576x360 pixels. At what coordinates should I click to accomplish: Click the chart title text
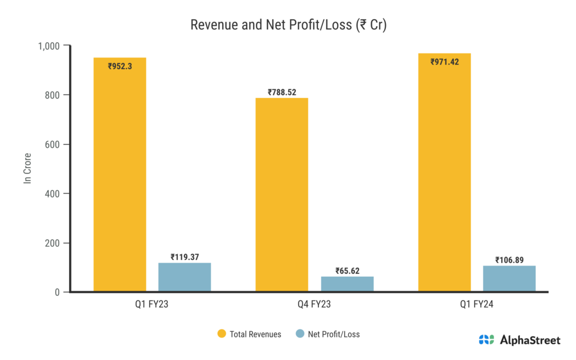[x=288, y=25]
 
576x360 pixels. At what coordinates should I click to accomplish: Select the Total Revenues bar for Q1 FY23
[x=120, y=180]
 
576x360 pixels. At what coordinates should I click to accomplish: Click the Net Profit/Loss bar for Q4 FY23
[x=347, y=284]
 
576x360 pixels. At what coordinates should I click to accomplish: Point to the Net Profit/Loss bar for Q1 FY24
[x=510, y=279]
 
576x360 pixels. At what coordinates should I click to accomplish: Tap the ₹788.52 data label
[x=282, y=92]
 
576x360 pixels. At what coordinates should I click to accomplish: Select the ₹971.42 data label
[x=444, y=62]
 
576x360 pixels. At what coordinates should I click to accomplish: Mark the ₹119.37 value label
[x=184, y=257]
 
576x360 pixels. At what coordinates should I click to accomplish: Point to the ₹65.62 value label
[x=347, y=271]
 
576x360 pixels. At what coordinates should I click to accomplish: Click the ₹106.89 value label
[x=510, y=260]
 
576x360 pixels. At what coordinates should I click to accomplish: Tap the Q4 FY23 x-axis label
[x=314, y=305]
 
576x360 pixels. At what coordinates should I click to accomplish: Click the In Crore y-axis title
[x=26, y=169]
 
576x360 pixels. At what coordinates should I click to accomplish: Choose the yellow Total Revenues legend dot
[x=222, y=334]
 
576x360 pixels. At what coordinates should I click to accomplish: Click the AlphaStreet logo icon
[x=486, y=340]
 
